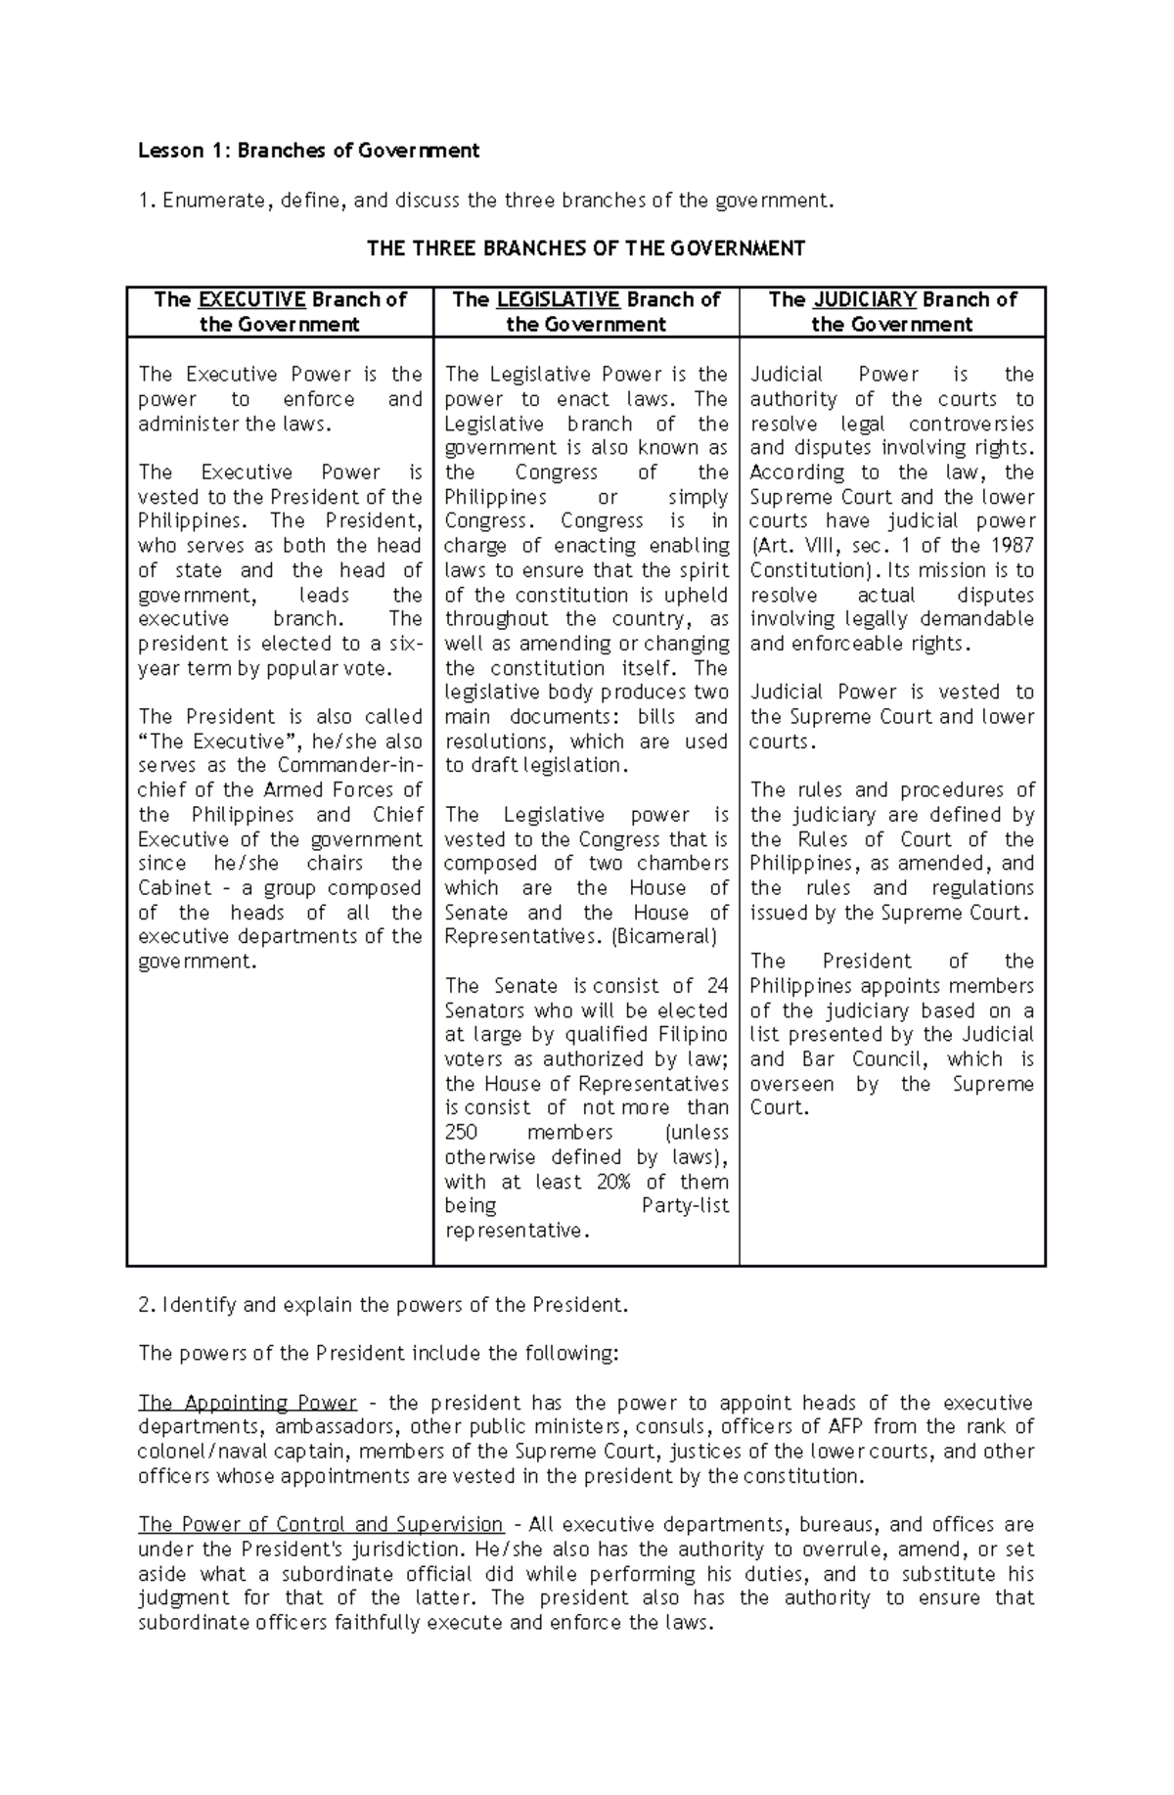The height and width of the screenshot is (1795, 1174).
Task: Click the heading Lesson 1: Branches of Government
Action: coord(308,151)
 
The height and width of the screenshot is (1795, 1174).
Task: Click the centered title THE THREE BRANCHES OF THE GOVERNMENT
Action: coord(585,248)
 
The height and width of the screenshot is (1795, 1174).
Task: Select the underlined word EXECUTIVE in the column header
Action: coord(252,299)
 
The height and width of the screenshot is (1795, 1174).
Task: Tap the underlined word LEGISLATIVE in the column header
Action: coord(558,299)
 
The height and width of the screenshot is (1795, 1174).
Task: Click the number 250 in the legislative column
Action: coord(461,1133)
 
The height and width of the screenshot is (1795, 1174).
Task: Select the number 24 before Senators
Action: coord(717,986)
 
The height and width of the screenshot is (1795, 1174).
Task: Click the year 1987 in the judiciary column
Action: coord(1011,546)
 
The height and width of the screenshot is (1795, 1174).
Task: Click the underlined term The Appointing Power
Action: coord(247,1403)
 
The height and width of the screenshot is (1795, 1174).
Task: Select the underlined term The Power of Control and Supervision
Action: coord(320,1525)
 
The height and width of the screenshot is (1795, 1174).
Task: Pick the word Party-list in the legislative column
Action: coord(685,1206)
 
